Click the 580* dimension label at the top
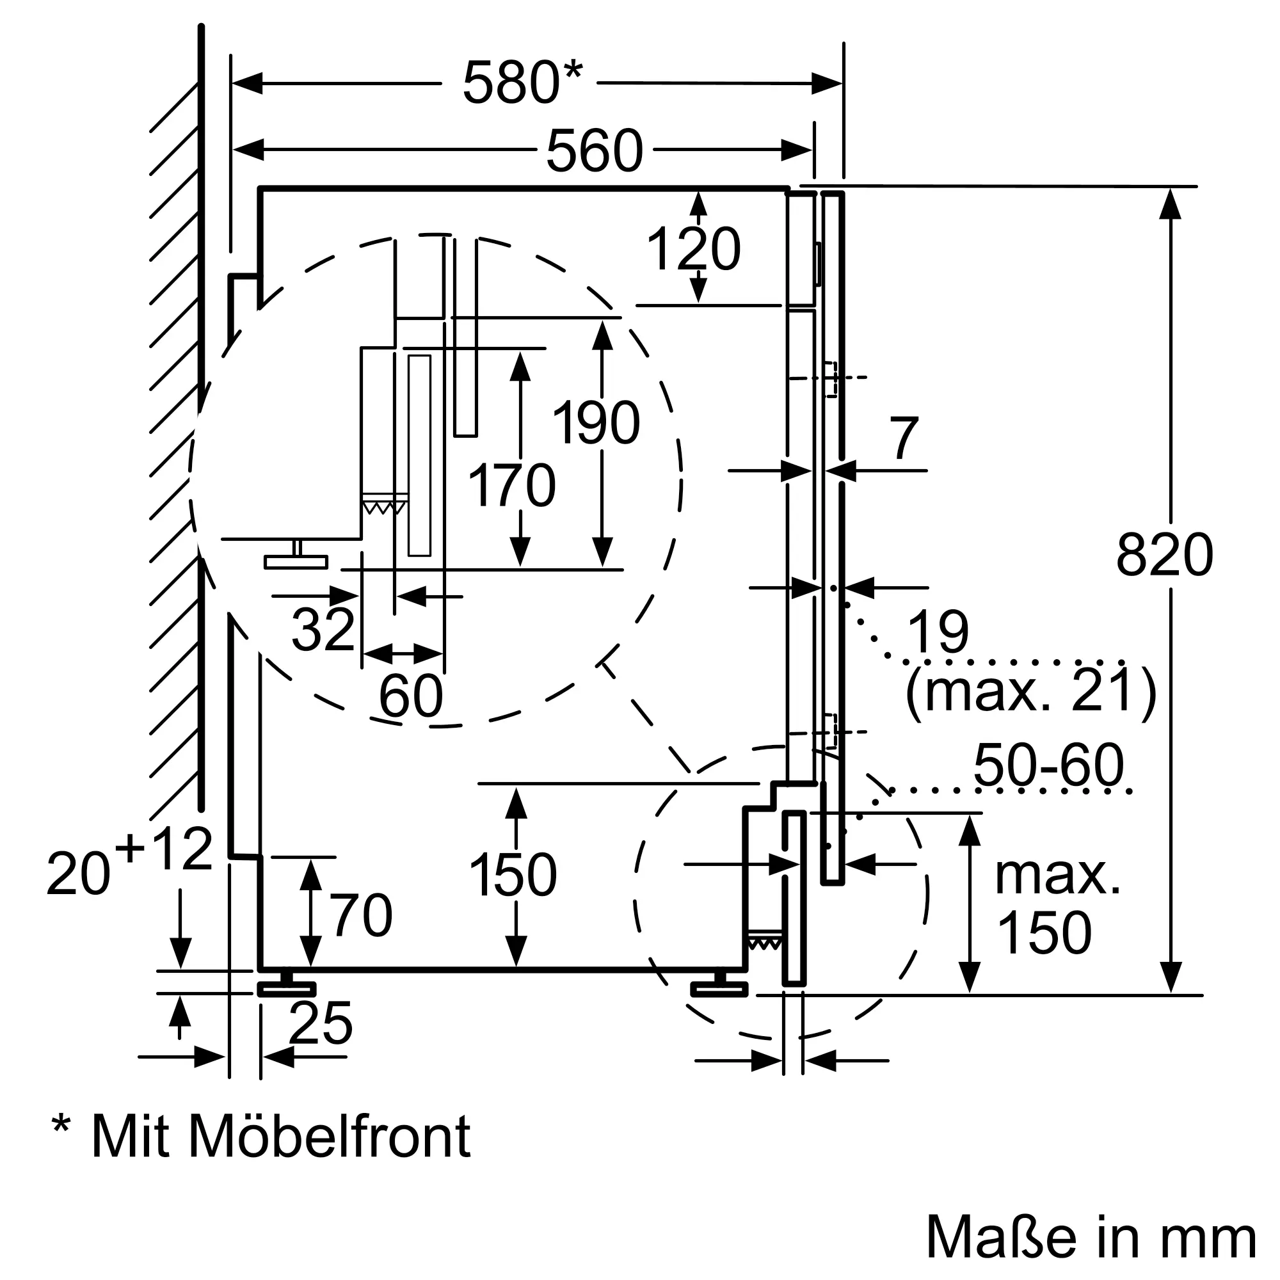coord(522,83)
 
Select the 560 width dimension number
coord(595,150)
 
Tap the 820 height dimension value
coord(1165,555)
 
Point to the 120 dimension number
coord(693,249)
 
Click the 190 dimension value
coord(596,422)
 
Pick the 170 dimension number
coord(511,486)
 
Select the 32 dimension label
coord(323,628)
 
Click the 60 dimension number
coord(411,696)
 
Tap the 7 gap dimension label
coord(905,438)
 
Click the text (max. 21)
coord(1030,691)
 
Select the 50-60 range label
coord(1049,765)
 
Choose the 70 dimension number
coord(362,915)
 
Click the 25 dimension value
coord(321,1023)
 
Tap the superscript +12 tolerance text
coord(164,849)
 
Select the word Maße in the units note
coord(1000,1237)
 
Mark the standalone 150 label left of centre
coord(513,874)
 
